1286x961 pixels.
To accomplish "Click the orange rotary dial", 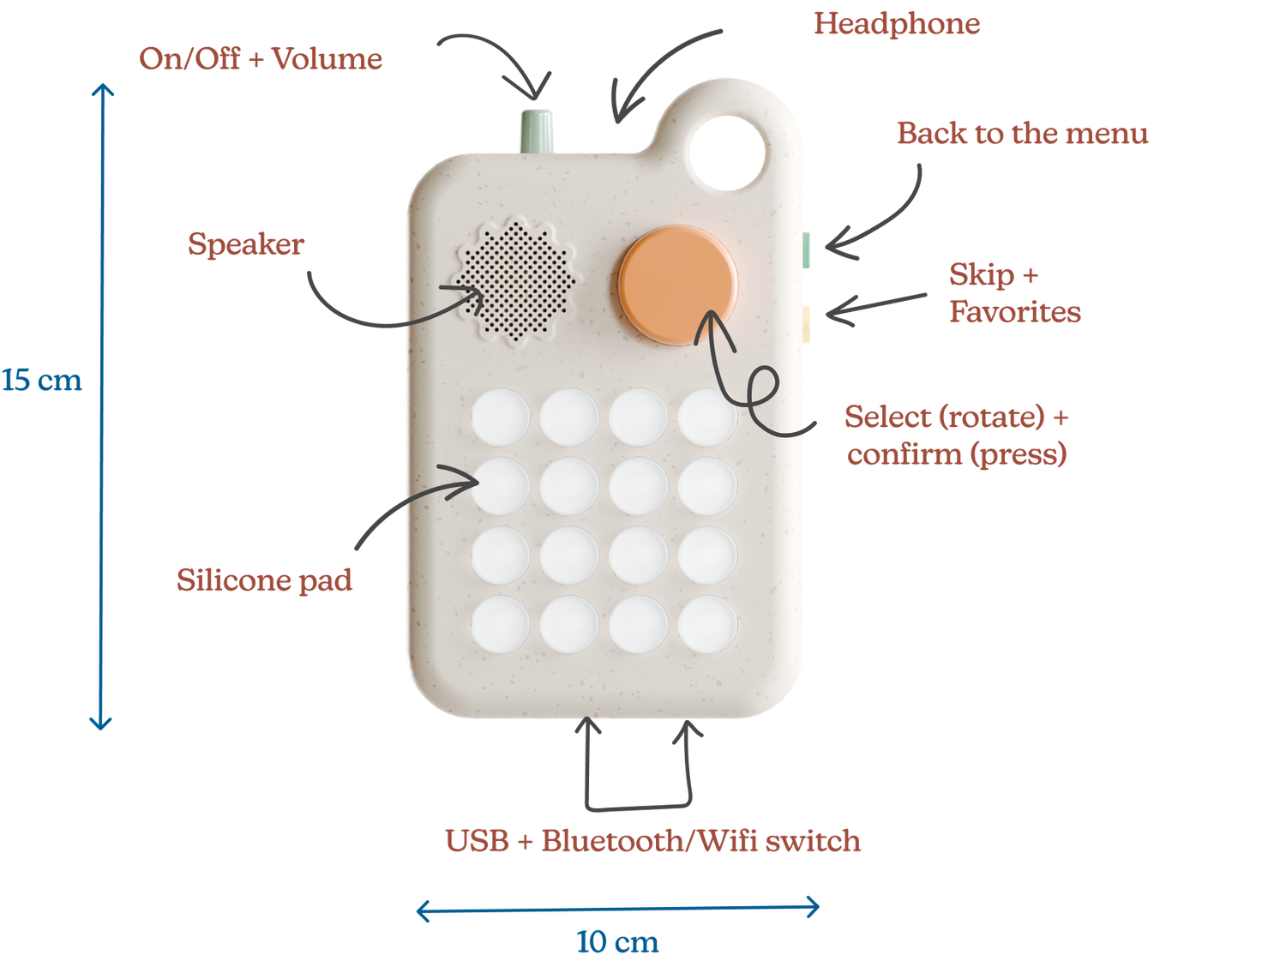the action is click(x=678, y=285).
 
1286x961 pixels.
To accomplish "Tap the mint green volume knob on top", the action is click(x=537, y=131).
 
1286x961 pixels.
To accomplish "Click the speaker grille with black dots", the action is click(x=514, y=280).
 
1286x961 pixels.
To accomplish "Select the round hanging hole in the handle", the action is click(x=727, y=153).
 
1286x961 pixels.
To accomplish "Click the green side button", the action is click(x=806, y=250).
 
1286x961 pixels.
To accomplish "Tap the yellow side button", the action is click(x=806, y=324).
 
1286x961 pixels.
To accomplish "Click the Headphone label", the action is click(x=897, y=24).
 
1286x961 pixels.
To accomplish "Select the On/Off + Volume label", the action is click(x=261, y=58).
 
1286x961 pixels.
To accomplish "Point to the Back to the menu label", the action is click(x=1022, y=133).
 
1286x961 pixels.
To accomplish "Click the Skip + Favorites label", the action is click(x=1015, y=293).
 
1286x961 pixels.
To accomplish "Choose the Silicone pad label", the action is click(x=264, y=580).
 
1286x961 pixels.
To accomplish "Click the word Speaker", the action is click(x=246, y=243).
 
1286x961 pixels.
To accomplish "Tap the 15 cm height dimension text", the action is click(x=41, y=380).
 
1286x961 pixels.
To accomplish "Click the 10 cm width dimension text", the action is click(x=617, y=941).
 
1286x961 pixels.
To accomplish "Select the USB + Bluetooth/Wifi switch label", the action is click(x=652, y=841).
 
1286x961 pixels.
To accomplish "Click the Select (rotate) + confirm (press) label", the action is click(x=957, y=435).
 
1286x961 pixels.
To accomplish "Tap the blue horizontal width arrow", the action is click(x=617, y=909).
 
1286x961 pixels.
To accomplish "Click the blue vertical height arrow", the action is click(x=102, y=406).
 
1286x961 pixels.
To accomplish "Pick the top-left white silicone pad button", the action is click(x=501, y=417).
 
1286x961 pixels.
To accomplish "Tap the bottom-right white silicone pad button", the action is click(x=708, y=624).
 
